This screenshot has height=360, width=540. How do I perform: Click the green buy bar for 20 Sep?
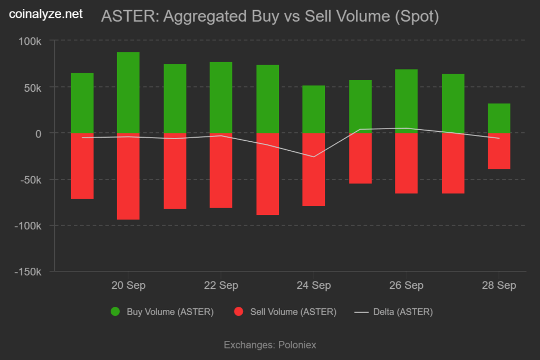[128, 93]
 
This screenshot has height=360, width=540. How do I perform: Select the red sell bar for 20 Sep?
[128, 176]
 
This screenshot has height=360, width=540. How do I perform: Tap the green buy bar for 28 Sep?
[499, 118]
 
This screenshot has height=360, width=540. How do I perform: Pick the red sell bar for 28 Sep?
[499, 151]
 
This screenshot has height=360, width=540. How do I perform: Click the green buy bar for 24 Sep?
[313, 109]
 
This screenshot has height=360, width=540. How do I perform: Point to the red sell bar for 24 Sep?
[313, 169]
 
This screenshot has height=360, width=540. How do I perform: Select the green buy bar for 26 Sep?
[406, 101]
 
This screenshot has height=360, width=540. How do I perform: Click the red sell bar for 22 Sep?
[221, 170]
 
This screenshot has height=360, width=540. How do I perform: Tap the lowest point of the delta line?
[314, 157]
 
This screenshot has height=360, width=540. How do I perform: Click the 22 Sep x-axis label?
[221, 286]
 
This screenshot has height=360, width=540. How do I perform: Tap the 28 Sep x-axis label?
[499, 286]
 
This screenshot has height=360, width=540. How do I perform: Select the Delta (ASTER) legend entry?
[403, 312]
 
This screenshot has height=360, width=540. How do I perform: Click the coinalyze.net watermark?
[46, 15]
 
